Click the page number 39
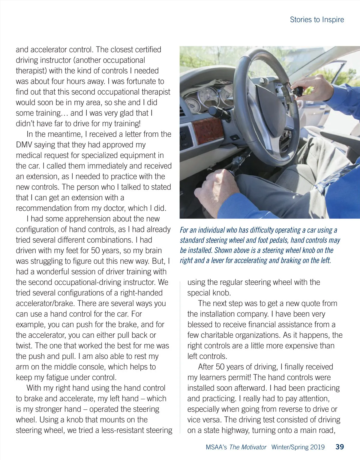click(340, 447)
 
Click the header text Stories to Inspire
click(317, 20)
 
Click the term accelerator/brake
click(44, 303)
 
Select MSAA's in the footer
click(216, 447)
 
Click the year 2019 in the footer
click(317, 447)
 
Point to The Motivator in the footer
click(248, 447)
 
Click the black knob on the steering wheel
click(298, 91)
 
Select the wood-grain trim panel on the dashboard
click(208, 131)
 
